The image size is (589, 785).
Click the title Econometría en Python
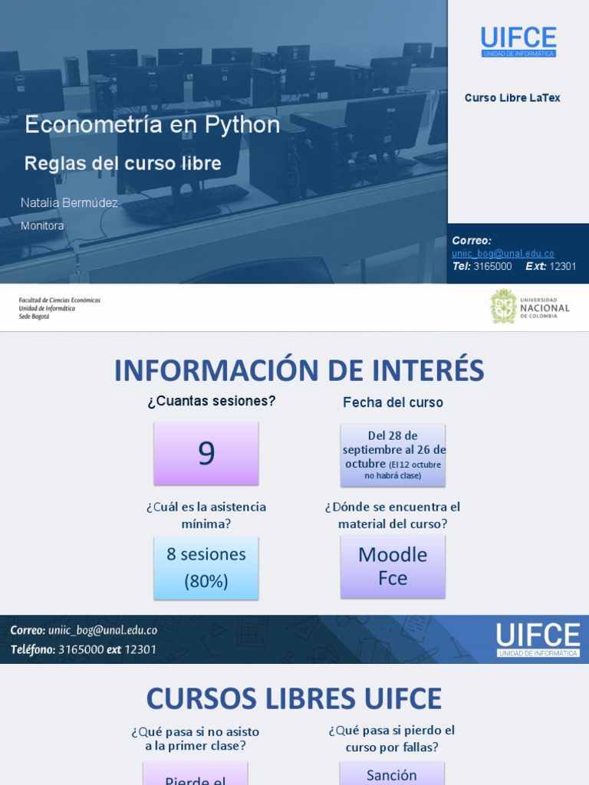tap(152, 125)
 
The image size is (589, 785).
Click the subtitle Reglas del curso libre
tap(123, 163)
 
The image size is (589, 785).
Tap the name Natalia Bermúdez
tap(69, 203)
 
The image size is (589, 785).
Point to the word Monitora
tap(42, 226)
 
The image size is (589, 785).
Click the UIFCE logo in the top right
tap(518, 41)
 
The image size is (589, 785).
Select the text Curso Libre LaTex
tap(512, 98)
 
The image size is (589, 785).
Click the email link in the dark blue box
tap(502, 254)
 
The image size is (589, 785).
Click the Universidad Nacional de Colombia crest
tap(503, 307)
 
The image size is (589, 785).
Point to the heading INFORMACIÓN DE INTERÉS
tap(299, 371)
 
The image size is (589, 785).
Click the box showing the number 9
tap(206, 454)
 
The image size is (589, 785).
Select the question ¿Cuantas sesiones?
tap(212, 401)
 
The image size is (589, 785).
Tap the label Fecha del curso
tap(393, 402)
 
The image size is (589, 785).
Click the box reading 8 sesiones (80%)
tap(206, 567)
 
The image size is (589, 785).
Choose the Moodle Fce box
tap(393, 567)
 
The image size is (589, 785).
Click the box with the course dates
tap(393, 455)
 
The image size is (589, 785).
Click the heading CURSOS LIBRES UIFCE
tap(294, 699)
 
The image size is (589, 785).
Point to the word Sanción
tap(391, 775)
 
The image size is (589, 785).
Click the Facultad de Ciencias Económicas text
tap(59, 301)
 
